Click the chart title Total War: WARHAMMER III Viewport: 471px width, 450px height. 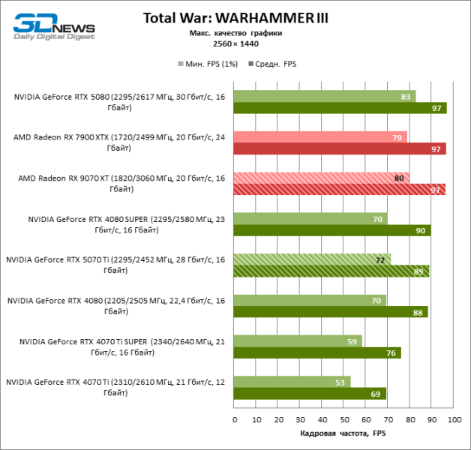pyautogui.click(x=235, y=17)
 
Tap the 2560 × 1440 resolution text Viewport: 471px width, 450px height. pyautogui.click(x=235, y=43)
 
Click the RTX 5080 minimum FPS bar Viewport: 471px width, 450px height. pyautogui.click(x=324, y=96)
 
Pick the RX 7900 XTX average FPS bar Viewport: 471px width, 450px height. pyautogui.click(x=340, y=148)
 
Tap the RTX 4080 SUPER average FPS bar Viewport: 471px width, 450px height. pyautogui.click(x=331, y=230)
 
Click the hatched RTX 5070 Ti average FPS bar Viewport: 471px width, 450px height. pyautogui.click(x=331, y=271)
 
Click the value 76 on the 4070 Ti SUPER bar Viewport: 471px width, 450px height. pyautogui.click(x=391, y=352)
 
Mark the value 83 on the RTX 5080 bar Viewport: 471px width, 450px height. pyautogui.click(x=406, y=97)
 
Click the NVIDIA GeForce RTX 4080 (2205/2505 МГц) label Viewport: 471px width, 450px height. pyautogui.click(x=116, y=305)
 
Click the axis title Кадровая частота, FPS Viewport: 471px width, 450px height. pyautogui.click(x=343, y=433)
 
